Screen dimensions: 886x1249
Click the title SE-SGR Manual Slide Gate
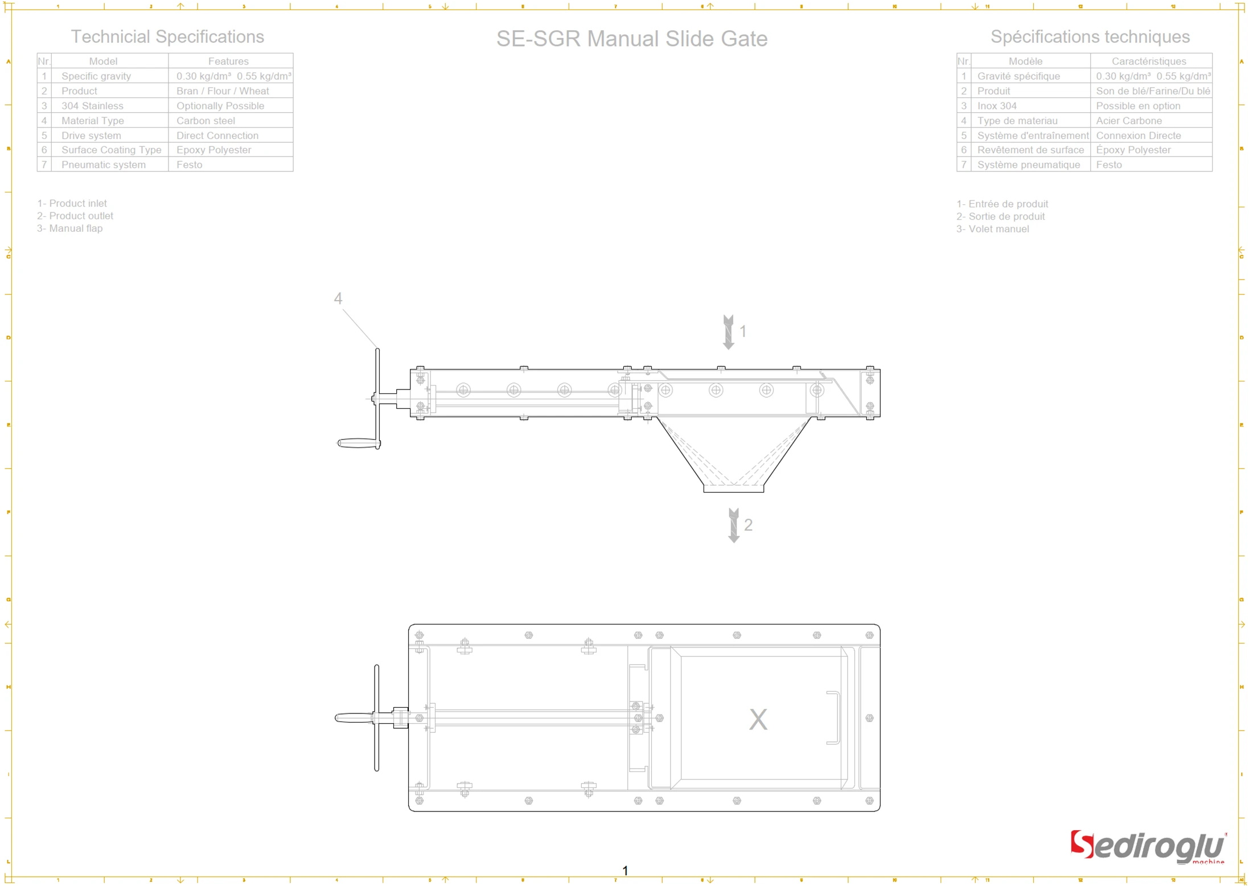pos(631,39)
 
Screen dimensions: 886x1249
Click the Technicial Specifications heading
pos(167,36)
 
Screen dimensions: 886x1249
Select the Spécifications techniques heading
pos(1090,36)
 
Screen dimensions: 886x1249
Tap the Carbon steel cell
pos(206,121)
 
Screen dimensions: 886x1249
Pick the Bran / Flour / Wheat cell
pos(223,91)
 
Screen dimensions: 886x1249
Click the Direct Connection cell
pos(217,136)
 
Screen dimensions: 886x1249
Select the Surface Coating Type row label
pos(111,150)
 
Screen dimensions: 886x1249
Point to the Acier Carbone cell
pos(1128,121)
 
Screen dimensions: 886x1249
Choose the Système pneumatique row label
pos(1028,165)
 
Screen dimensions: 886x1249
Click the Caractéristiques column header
pos(1148,61)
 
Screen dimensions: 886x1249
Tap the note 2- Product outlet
pos(75,216)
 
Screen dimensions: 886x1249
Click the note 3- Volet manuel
pos(992,229)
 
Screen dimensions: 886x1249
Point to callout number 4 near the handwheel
pos(338,298)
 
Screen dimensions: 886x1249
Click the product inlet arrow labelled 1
pos(728,332)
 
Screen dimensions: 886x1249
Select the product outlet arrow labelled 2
pos(734,525)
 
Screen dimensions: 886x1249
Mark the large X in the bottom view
pos(758,719)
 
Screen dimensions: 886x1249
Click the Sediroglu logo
pos(1147,847)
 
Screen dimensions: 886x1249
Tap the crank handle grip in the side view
pos(358,443)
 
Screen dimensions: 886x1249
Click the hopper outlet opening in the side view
pos(733,488)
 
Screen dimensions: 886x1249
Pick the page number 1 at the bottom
pos(625,871)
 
